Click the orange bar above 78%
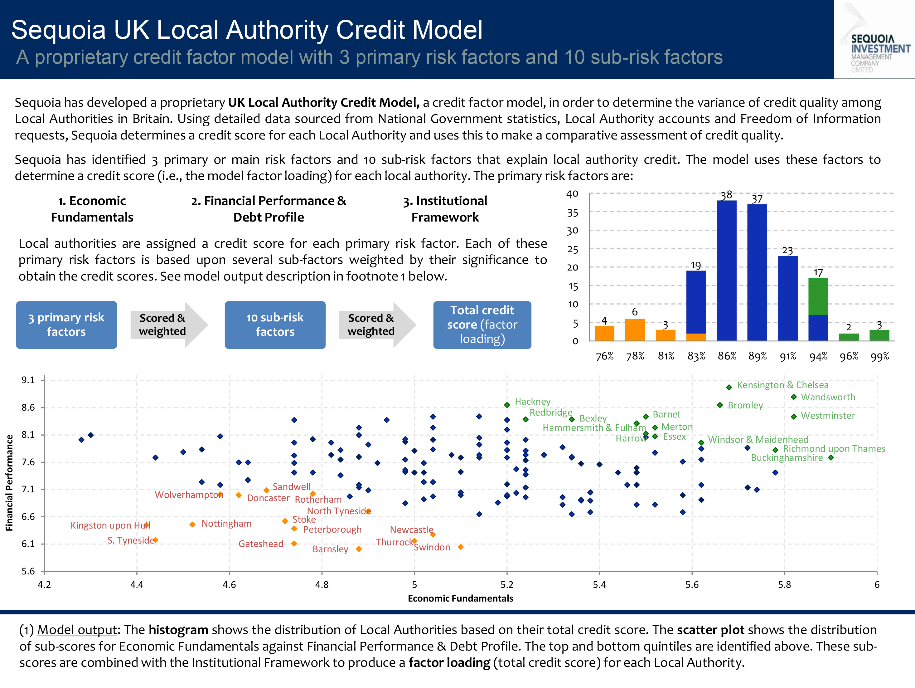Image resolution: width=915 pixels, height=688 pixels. tap(635, 329)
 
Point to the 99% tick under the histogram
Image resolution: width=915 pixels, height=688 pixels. tap(879, 356)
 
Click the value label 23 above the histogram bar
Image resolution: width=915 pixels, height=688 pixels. tap(787, 251)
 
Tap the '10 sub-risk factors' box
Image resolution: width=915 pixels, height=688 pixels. tap(275, 324)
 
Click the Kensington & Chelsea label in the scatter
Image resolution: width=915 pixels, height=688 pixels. tap(783, 385)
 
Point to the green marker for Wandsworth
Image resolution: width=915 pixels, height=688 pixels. tap(793, 397)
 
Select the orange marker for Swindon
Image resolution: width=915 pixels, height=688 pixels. tap(460, 547)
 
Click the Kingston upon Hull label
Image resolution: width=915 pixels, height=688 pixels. tap(110, 525)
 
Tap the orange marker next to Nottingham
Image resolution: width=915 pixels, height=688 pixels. tap(192, 525)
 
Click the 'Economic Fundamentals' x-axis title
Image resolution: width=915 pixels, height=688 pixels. tap(460, 598)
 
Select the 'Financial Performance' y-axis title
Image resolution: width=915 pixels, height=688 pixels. tap(9, 482)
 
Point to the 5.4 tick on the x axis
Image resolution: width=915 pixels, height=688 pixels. tap(599, 584)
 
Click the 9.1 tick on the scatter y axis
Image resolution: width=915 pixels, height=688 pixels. tap(28, 380)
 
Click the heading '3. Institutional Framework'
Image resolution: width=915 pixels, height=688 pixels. tap(445, 209)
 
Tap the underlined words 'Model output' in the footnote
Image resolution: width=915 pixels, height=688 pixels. tap(77, 630)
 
